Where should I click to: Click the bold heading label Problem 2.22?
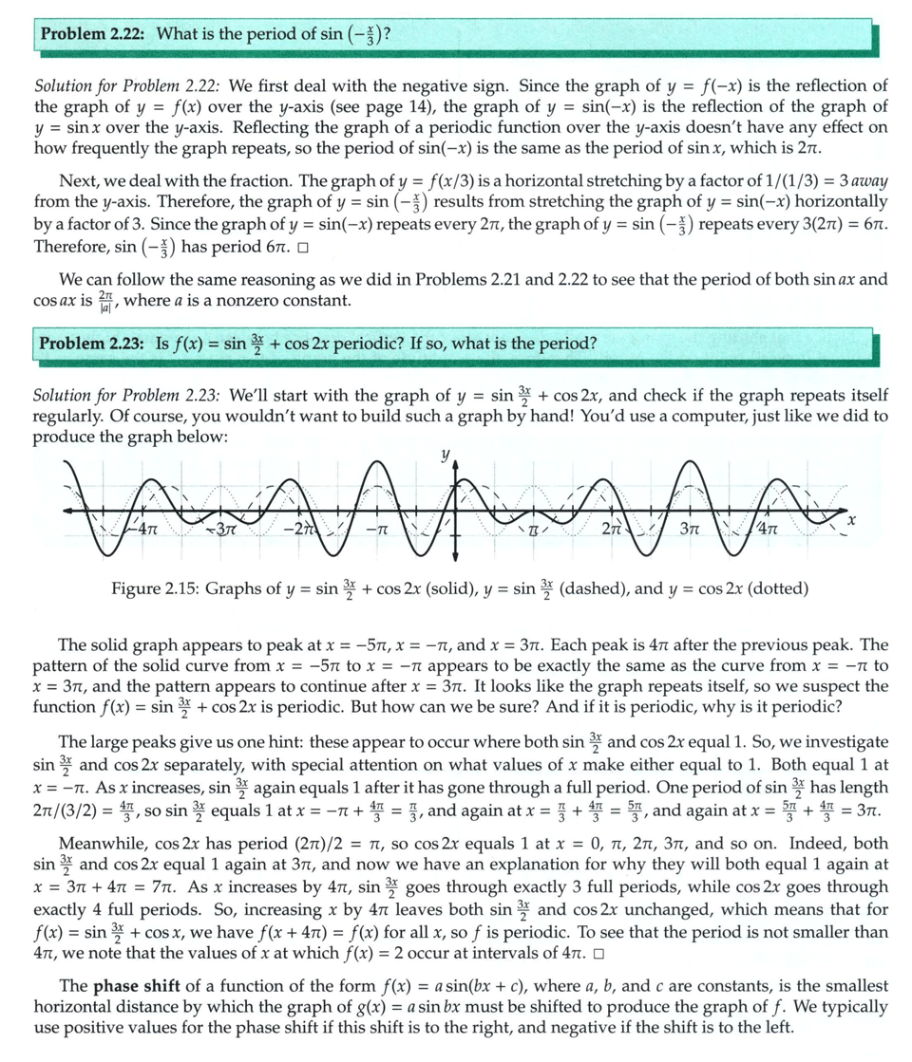[91, 34]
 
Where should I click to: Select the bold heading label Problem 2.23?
[91, 343]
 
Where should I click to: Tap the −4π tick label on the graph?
[143, 532]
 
